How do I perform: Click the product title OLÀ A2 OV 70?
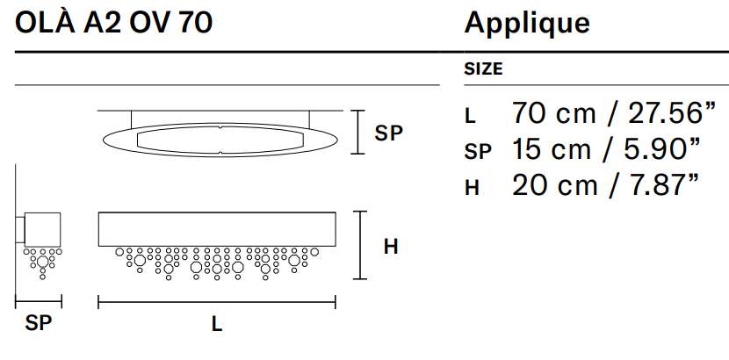point(114,23)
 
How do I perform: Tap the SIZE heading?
point(484,69)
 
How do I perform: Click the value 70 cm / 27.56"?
point(613,113)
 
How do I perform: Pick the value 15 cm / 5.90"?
point(605,149)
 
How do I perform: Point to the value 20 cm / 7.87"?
point(605,185)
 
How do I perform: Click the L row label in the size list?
point(470,116)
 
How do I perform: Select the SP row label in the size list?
point(478,153)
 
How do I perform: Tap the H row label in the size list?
point(472,188)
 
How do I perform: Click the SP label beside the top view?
point(388,133)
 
